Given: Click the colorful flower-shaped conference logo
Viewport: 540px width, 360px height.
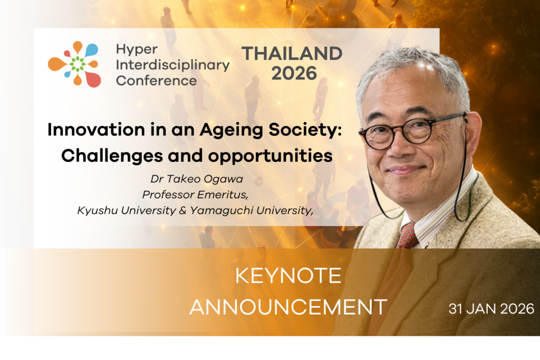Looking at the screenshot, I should click(74, 64).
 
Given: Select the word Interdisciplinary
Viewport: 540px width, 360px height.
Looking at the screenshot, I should click(173, 65).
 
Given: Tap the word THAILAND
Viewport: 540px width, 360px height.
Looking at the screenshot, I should click(292, 53).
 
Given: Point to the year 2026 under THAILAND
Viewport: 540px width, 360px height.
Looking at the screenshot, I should click(294, 73).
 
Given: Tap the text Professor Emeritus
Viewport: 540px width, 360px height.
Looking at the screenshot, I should click(187, 194).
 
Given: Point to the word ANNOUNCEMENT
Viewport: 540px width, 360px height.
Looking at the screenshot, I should click(288, 306).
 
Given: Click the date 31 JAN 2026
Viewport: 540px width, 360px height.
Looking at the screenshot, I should click(491, 308).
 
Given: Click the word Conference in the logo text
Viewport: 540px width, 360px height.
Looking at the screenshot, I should click(156, 81).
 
